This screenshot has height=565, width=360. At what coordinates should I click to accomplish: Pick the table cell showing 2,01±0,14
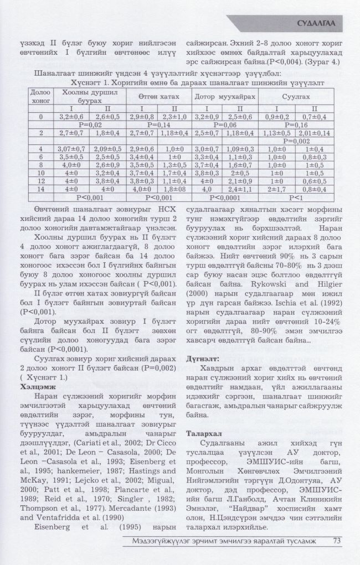(314, 133)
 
